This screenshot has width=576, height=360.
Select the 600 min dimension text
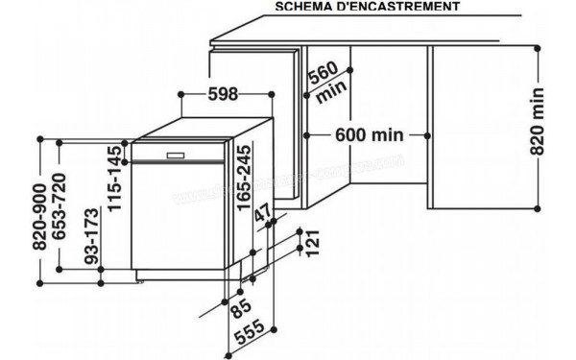click(x=369, y=134)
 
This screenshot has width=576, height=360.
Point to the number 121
click(x=309, y=244)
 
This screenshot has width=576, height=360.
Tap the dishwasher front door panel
click(x=182, y=216)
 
